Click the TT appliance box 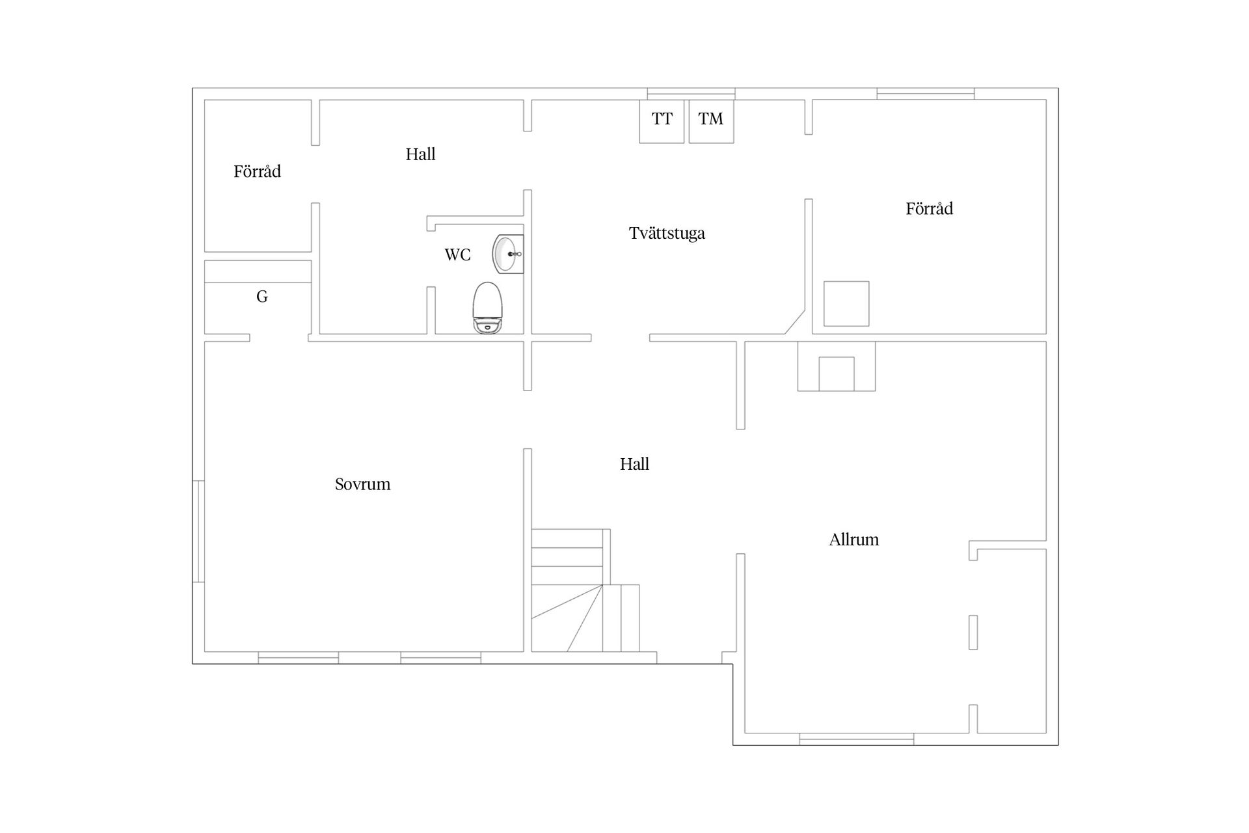click(662, 121)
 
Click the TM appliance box click(711, 121)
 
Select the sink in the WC click(508, 254)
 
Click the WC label click(457, 254)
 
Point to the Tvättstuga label click(667, 233)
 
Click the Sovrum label click(362, 484)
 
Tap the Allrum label click(853, 539)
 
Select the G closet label click(262, 297)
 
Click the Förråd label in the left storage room click(257, 171)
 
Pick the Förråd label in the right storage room click(929, 208)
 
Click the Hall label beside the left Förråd click(420, 154)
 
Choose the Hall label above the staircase click(634, 464)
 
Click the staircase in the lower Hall click(585, 590)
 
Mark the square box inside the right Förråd click(846, 304)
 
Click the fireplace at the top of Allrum click(837, 366)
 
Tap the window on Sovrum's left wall click(198, 531)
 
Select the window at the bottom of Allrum click(856, 739)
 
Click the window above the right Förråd click(925, 94)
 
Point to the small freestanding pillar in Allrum click(973, 632)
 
